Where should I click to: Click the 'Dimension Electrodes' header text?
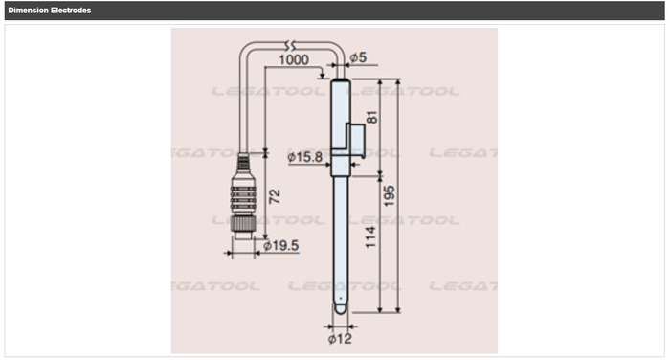(49, 11)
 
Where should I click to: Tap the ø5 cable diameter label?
(358, 57)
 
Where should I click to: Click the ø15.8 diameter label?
(305, 155)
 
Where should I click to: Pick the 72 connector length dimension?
(276, 196)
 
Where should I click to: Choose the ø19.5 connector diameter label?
(280, 245)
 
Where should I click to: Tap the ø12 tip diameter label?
(342, 337)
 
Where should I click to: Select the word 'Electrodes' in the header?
(72, 11)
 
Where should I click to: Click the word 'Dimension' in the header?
(28, 11)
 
